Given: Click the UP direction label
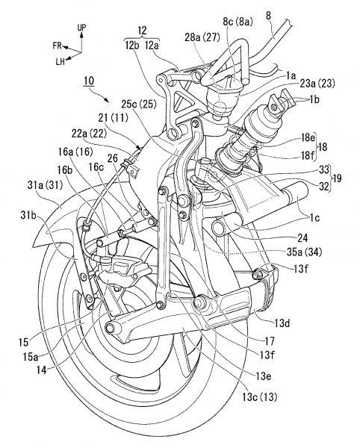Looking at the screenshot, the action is [81, 28].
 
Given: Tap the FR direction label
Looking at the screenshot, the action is [58, 46].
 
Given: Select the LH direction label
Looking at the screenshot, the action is [60, 62].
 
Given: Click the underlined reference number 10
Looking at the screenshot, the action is [89, 81].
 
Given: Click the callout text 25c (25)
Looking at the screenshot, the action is [139, 105].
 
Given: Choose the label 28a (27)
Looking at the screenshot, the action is [202, 37].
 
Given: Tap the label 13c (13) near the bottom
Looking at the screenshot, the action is [260, 397].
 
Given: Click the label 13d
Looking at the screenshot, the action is [284, 323].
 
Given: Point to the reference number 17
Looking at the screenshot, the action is [270, 340].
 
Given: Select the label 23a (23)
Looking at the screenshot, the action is [317, 84].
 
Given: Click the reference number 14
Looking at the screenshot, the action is [41, 370].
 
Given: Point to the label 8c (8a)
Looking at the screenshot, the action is [238, 22].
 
